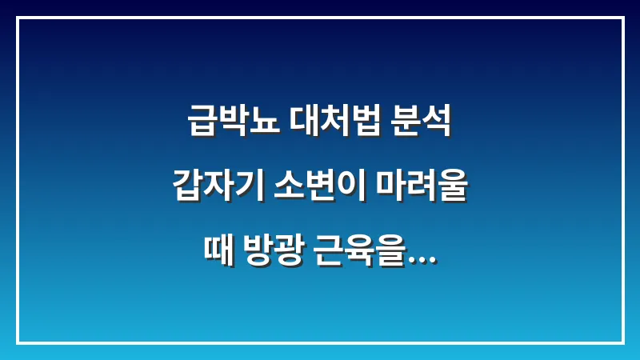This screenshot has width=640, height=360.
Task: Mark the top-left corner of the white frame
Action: tap(18, 18)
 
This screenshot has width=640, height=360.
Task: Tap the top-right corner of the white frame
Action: tap(622, 18)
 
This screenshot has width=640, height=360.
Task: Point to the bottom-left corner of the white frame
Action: tap(18, 342)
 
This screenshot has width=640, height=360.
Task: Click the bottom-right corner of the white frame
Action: tap(622, 342)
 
